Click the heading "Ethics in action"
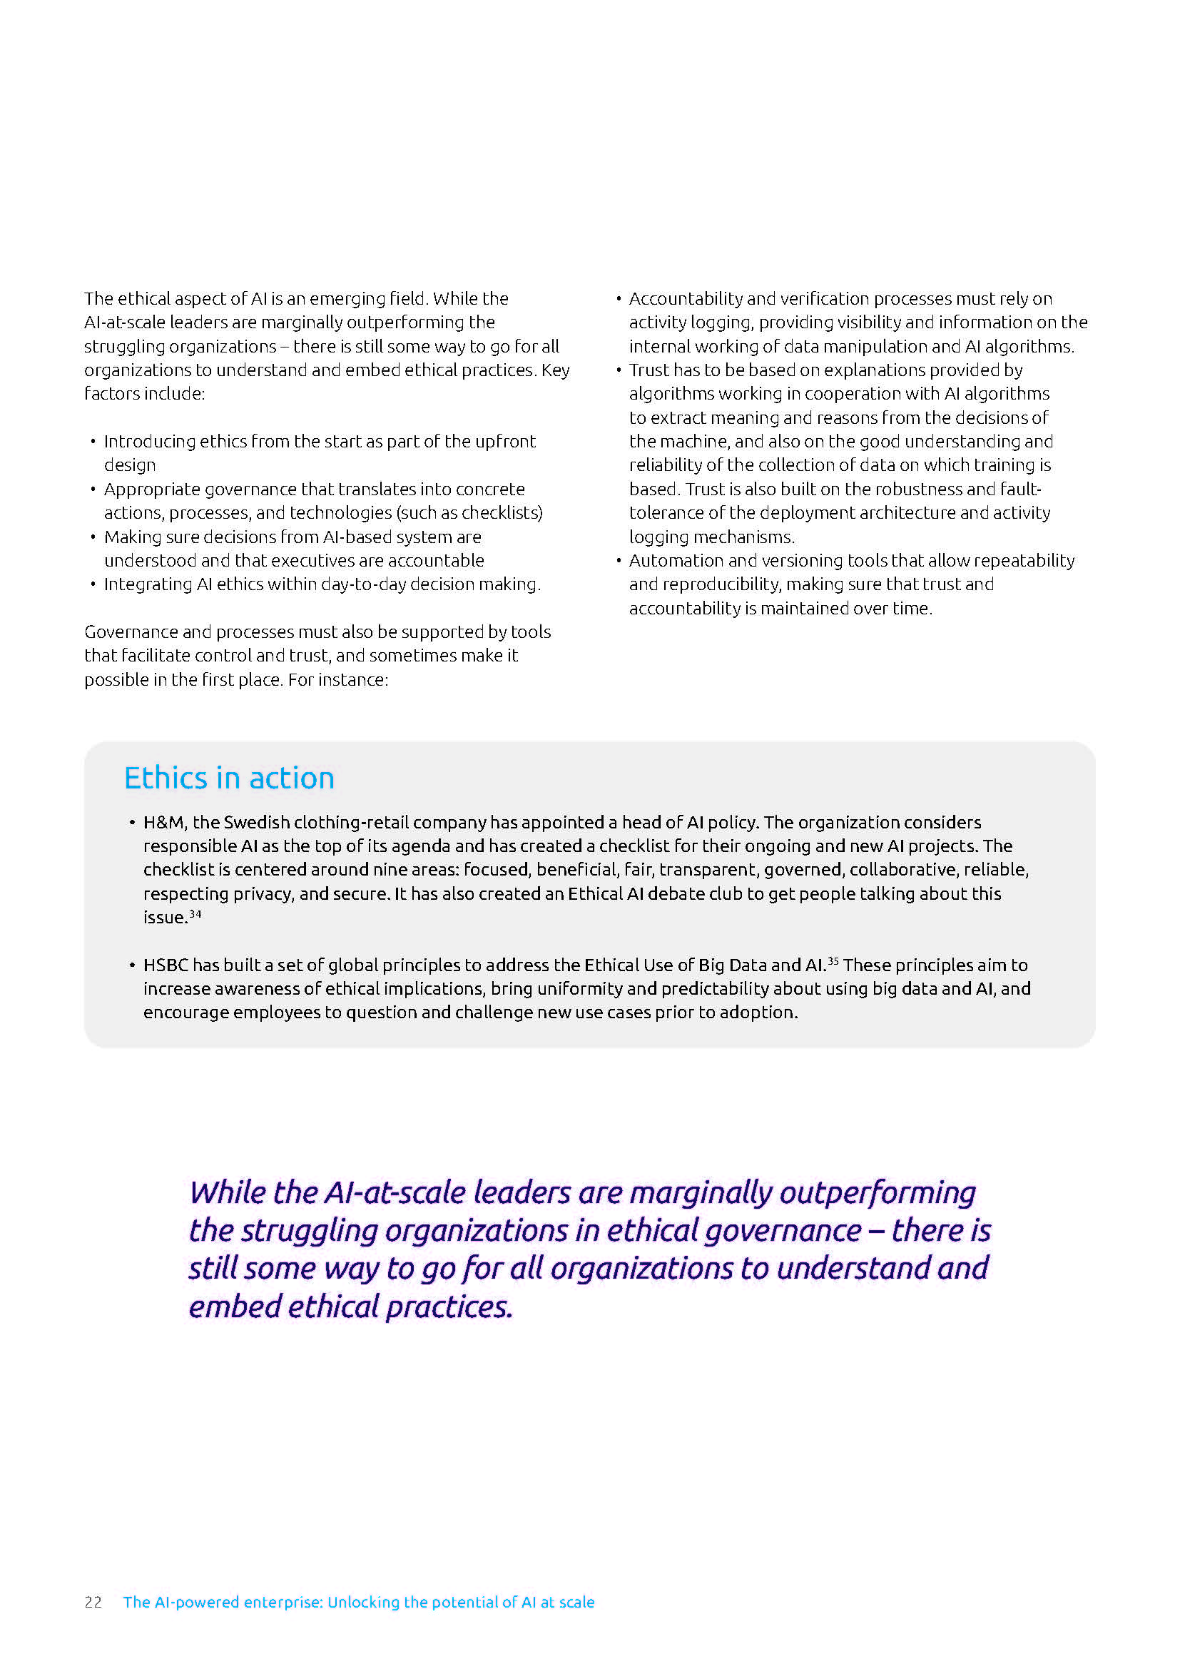click(229, 778)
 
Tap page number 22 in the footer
click(93, 1602)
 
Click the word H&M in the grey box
click(163, 822)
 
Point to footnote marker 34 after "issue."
click(195, 914)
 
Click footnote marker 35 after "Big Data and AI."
click(833, 962)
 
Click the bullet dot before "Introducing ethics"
click(93, 442)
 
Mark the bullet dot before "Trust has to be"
click(619, 371)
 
